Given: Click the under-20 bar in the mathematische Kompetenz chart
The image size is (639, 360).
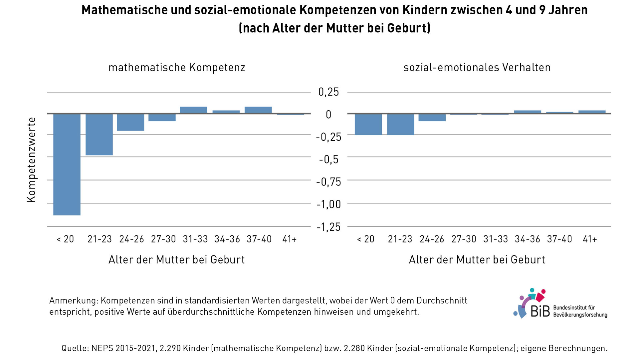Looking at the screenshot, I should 67,164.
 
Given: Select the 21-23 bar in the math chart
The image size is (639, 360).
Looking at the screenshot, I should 99,134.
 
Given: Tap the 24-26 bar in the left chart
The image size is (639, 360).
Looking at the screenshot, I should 130,122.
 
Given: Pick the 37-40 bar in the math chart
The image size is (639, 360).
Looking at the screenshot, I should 258,110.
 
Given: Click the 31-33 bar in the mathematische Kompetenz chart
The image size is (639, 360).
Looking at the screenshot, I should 193,110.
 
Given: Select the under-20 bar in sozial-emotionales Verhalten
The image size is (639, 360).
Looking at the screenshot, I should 368,124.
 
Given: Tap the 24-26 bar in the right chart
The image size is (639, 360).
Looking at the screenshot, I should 432,117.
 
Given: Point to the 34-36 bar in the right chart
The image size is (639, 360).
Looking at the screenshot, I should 528,112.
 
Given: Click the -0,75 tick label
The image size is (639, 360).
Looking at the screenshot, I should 328,182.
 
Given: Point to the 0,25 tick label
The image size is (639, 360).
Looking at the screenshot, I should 328,92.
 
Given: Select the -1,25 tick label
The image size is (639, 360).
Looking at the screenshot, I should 328,227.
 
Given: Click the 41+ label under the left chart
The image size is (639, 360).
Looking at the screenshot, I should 289,239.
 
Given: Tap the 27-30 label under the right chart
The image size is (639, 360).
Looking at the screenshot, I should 464,239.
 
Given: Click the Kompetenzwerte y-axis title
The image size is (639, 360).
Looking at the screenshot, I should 31,160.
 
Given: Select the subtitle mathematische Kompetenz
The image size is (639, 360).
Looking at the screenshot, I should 177,68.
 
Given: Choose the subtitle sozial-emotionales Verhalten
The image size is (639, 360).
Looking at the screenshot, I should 477,68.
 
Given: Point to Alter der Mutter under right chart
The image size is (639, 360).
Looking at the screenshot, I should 477,260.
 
